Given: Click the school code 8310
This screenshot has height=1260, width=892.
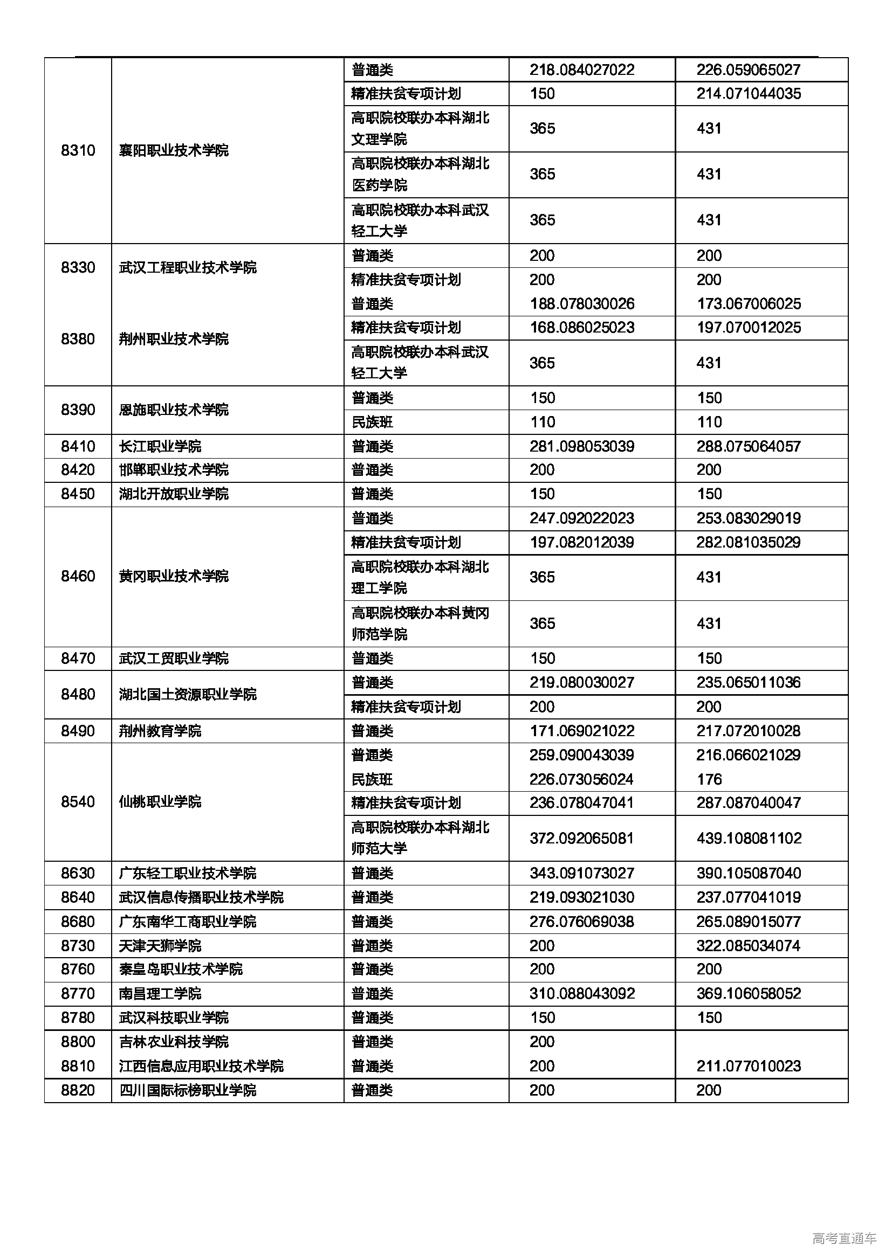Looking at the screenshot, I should [x=78, y=150].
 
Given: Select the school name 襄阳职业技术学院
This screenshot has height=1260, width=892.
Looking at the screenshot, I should [x=174, y=150].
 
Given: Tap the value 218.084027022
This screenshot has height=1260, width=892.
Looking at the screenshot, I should [x=582, y=70].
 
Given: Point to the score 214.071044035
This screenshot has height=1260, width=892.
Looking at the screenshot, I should [x=749, y=93].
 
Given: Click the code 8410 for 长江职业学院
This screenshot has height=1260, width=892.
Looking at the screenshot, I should [x=78, y=446].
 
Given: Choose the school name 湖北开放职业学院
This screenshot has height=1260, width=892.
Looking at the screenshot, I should [x=174, y=494].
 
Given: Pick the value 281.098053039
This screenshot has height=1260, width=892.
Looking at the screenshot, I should [x=582, y=446].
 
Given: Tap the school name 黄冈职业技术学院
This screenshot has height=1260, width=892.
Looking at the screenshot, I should [x=174, y=576].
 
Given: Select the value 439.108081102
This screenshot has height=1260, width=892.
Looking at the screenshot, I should [x=749, y=838].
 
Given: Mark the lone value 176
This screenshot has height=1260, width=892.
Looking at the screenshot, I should [x=709, y=779].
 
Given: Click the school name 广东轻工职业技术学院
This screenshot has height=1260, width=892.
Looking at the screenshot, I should [x=187, y=873].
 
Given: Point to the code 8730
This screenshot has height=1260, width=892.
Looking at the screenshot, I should [x=78, y=946].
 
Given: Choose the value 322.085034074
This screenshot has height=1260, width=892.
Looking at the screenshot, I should [x=749, y=946].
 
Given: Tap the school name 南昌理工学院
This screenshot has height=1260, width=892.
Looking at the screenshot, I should [x=160, y=993].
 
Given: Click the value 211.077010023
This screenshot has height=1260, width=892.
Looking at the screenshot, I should [x=749, y=1066].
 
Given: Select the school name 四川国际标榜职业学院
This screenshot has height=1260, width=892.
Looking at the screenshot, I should [x=187, y=1090].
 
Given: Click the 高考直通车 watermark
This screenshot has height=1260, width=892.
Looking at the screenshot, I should [x=844, y=1238].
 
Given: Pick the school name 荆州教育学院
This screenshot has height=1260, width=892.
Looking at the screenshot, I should [x=160, y=731].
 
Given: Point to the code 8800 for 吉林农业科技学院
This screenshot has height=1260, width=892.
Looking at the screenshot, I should [x=78, y=1042].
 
